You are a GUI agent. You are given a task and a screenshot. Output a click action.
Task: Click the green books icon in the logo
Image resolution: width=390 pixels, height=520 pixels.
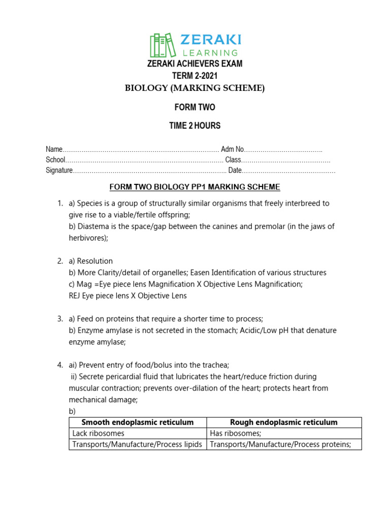162,45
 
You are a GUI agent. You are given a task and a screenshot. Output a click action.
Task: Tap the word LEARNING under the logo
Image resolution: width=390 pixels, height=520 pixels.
209,52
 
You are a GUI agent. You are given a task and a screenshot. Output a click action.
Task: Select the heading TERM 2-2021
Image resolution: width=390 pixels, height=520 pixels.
195,76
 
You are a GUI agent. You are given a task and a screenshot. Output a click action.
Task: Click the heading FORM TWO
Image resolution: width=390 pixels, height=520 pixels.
195,107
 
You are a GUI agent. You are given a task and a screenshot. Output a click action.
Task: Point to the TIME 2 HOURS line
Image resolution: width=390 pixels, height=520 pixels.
195,125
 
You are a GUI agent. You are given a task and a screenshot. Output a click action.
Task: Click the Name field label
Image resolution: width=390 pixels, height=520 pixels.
54,149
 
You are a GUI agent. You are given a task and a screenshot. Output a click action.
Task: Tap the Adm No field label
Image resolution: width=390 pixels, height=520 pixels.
233,149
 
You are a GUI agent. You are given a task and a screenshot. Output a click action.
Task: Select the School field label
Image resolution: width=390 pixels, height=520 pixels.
55,160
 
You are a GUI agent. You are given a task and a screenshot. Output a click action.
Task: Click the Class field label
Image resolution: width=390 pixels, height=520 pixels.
233,160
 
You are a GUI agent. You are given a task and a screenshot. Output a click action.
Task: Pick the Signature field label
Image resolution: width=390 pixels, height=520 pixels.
59,171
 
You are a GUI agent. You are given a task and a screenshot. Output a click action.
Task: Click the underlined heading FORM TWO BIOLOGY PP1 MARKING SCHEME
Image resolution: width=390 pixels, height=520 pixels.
195,187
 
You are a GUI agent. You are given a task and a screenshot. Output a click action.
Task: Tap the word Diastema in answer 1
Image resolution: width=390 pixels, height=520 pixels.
90,226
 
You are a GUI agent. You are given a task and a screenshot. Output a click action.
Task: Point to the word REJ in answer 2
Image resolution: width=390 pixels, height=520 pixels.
75,296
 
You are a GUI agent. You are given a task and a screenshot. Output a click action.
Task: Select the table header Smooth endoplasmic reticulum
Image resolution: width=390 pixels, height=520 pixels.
138,422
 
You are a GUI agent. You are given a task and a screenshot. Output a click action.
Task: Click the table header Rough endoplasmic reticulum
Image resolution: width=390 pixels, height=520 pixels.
284,422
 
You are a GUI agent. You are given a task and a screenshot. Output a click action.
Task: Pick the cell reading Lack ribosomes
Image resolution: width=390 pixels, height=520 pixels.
99,434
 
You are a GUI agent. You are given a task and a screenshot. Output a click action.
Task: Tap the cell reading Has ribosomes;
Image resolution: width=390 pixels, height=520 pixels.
236,434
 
